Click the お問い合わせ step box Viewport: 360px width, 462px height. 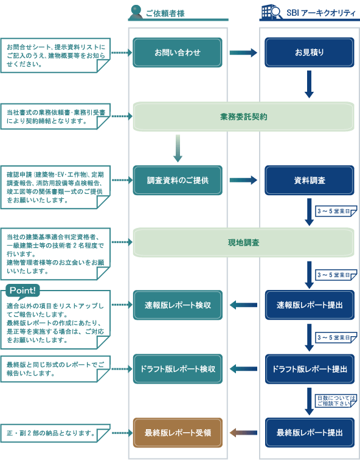click(178, 52)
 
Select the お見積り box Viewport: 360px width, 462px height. click(310, 52)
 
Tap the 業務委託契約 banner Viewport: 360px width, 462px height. click(243, 117)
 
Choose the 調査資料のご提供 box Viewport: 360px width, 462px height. click(178, 181)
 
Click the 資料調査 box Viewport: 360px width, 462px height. click(310, 181)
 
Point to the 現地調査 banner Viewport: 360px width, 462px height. click(243, 243)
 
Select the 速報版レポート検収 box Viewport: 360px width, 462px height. click(178, 305)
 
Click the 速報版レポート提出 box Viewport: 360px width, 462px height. click(310, 305)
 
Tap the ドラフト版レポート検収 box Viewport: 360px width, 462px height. click(178, 369)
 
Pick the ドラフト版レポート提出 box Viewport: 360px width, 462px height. click(310, 369)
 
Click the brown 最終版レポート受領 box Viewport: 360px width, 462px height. click(178, 433)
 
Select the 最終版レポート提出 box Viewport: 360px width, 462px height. click(310, 433)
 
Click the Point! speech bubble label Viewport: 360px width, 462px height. click(22, 291)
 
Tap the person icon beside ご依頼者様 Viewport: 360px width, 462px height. click(136, 12)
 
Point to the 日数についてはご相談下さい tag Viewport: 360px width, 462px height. click(336, 401)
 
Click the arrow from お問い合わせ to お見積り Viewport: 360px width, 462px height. click(243, 53)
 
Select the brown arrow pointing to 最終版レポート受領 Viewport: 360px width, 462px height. click(243, 433)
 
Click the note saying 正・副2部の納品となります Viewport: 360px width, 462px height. click(55, 433)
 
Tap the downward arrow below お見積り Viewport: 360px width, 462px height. click(310, 84)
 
